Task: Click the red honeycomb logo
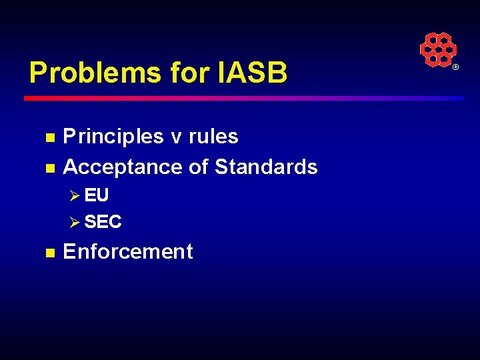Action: pos(437,49)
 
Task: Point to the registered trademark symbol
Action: pos(456,68)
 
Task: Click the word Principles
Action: pos(113,137)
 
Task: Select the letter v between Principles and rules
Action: pos(176,137)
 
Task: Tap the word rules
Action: pos(213,137)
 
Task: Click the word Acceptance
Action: pos(123,167)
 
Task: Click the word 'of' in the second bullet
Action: pos(199,167)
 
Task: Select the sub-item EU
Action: pos(97,195)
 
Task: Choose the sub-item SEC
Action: pos(103,222)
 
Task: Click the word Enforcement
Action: pos(127,251)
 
